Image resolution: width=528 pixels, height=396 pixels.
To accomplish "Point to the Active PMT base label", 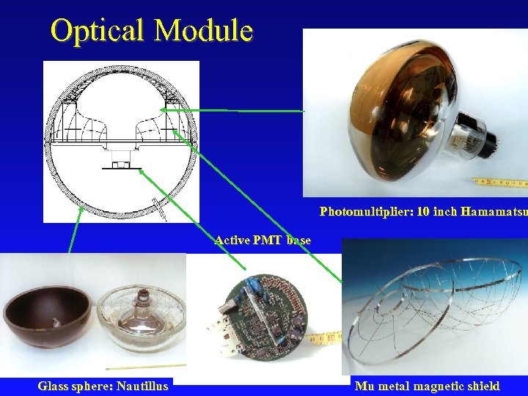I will (x=263, y=240).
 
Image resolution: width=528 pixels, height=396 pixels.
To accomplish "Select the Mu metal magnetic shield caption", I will (x=427, y=386).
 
